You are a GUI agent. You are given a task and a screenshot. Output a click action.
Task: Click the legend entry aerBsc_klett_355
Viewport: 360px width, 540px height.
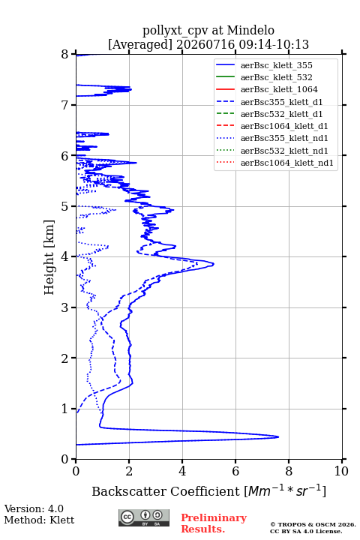[276, 65]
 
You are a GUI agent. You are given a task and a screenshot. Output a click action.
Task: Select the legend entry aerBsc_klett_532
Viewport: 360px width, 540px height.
[276, 77]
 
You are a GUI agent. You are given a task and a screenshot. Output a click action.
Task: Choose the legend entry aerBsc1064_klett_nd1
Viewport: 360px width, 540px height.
[287, 163]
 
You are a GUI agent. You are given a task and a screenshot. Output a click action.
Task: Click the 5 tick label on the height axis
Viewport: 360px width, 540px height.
[64, 206]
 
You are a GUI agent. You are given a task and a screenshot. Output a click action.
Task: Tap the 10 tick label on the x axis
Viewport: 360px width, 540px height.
[341, 471]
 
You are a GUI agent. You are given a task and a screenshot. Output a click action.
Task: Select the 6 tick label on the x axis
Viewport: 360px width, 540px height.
[235, 471]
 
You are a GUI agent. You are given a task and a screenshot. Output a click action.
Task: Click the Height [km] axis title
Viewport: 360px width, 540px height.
[49, 257]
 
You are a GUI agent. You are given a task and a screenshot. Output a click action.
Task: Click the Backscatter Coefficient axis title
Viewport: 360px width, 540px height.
[208, 490]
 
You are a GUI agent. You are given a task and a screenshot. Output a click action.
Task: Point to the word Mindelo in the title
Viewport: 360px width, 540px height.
[250, 30]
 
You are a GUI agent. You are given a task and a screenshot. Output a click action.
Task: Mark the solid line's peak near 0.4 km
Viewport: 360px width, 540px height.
[278, 437]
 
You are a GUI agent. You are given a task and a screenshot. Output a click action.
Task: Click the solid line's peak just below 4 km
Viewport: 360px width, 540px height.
[214, 264]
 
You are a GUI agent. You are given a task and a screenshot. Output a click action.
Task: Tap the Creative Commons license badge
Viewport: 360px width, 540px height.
[144, 517]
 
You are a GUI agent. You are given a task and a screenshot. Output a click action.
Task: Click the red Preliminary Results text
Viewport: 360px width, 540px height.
[214, 523]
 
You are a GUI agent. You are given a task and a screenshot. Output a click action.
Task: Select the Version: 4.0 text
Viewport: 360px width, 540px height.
[34, 508]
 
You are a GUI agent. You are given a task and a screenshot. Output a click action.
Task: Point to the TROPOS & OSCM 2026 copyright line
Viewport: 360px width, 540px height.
[313, 524]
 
